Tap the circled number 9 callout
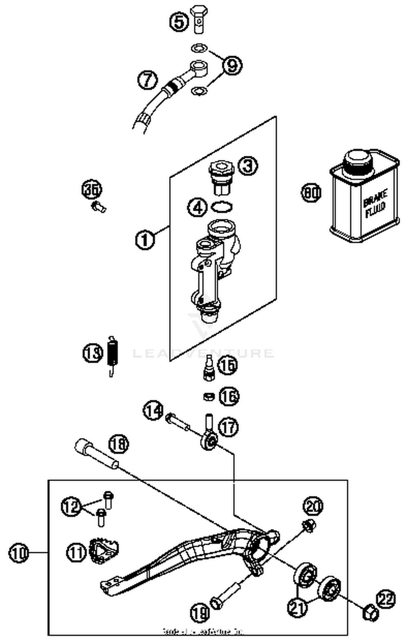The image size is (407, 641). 232,65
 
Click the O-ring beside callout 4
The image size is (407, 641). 222,207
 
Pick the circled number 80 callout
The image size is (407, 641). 311,193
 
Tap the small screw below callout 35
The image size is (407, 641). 98,207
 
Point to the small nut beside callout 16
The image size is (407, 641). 209,397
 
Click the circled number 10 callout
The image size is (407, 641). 18,553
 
